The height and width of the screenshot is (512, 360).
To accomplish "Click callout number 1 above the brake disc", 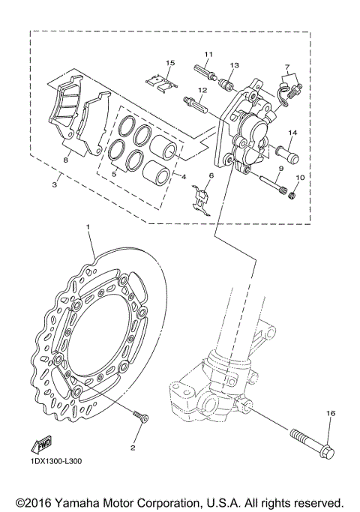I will click(88, 226).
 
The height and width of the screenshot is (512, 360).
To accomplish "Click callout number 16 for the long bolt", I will click(330, 413).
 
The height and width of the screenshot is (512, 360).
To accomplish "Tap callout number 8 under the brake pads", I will click(65, 159).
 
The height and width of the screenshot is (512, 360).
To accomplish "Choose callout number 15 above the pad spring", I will click(170, 62).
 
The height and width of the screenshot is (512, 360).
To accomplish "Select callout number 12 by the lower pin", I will click(202, 90).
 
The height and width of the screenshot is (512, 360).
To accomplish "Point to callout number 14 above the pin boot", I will click(292, 133).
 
